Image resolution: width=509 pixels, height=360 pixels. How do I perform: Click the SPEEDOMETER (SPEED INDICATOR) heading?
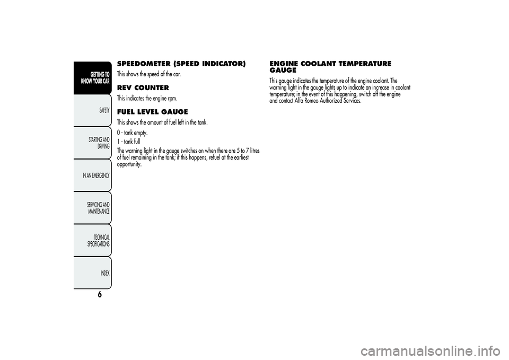[181, 64]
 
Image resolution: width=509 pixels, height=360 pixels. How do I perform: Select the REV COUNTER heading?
[143, 87]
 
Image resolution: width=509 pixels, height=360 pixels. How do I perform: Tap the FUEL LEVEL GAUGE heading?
[152, 111]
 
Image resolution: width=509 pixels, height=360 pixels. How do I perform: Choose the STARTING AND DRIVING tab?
[99, 142]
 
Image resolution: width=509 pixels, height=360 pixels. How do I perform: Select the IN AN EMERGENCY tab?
[96, 175]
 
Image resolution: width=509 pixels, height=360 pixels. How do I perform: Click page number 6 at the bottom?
[99, 296]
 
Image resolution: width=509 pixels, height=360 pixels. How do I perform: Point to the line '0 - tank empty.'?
[132, 133]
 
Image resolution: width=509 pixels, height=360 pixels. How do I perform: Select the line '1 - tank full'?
[128, 142]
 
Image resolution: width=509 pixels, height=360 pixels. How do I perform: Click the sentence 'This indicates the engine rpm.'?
[147, 99]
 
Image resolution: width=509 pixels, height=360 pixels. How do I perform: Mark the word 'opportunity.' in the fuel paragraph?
[129, 164]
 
